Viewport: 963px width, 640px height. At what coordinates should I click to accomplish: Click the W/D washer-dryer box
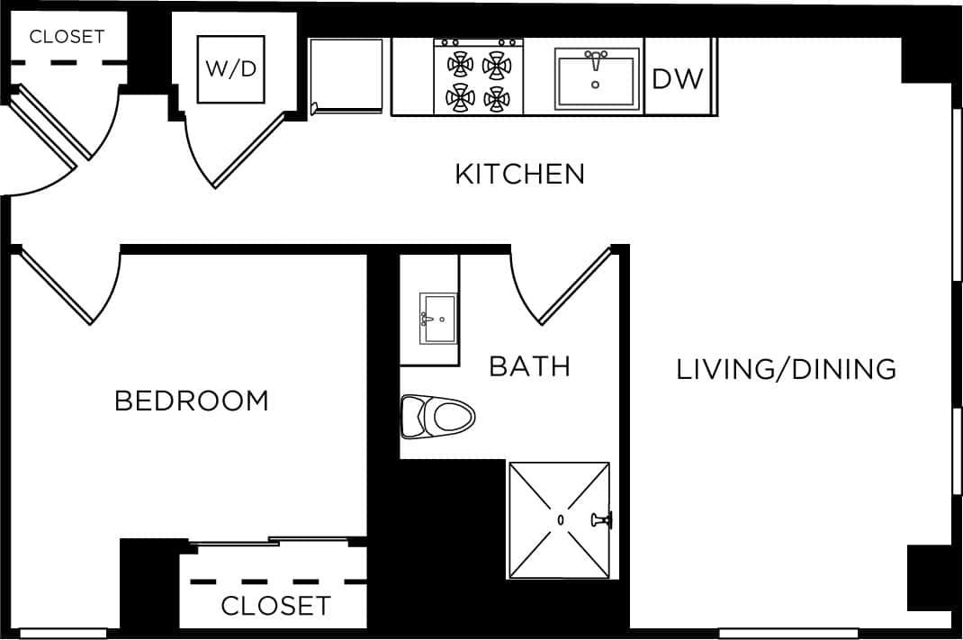tap(231, 69)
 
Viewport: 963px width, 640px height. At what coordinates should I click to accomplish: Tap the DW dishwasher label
tap(677, 79)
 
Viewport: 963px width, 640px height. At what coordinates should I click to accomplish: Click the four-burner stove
tap(478, 77)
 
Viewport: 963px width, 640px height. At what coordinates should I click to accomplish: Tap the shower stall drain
tap(560, 519)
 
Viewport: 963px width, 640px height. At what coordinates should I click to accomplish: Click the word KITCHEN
tap(519, 174)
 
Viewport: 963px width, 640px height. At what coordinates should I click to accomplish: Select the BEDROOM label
tap(192, 401)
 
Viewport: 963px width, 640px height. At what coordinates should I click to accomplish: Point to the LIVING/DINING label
tap(786, 369)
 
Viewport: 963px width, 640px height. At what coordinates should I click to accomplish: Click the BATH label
tap(529, 366)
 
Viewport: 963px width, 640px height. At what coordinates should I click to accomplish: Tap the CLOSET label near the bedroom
tap(275, 606)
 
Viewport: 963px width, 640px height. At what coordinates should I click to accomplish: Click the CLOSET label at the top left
tap(67, 37)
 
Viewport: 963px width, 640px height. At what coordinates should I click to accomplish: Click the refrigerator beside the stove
tap(348, 76)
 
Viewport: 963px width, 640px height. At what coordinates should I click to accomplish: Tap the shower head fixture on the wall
tap(600, 519)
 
